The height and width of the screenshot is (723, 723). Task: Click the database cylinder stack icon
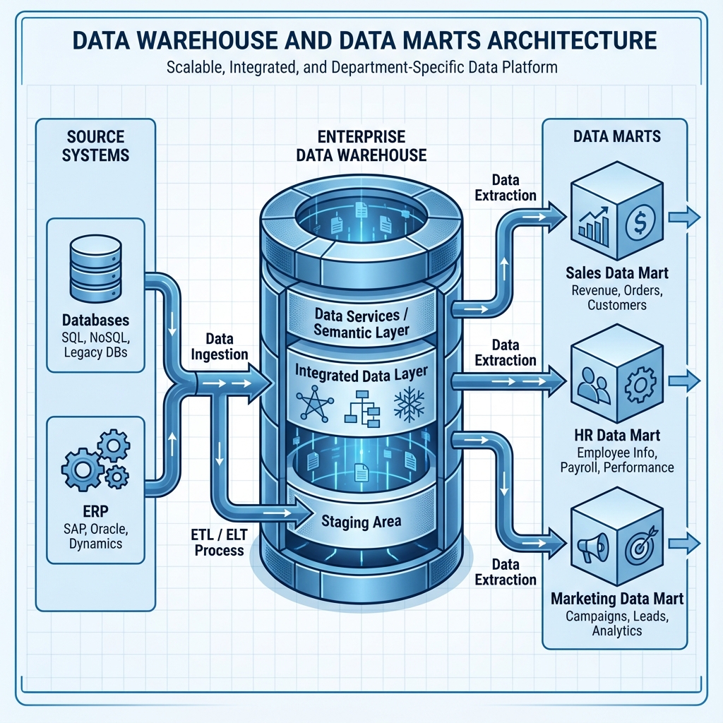point(95,270)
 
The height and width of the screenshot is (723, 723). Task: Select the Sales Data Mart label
point(616,273)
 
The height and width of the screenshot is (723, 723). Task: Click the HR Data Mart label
point(616,436)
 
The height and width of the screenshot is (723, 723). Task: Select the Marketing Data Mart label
point(616,599)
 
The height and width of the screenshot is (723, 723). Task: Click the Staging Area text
point(361,522)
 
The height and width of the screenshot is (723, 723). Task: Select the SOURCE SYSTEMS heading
point(95,145)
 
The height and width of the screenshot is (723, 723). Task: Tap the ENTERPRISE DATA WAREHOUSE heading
point(361,145)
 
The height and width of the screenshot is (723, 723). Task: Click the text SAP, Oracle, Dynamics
point(95,535)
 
